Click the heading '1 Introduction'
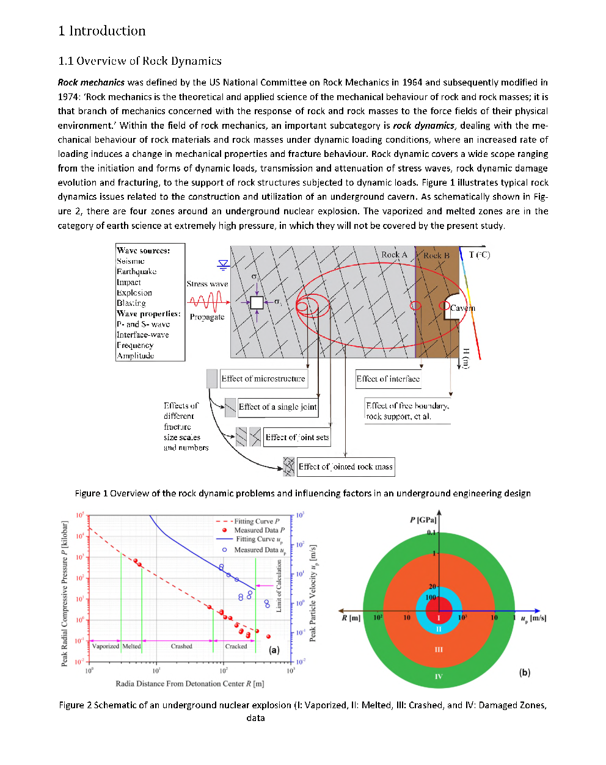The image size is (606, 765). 102,31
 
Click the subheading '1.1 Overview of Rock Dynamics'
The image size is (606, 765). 139,61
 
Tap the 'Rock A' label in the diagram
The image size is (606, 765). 394,255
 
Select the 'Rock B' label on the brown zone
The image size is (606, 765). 436,255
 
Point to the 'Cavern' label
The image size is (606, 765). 462,308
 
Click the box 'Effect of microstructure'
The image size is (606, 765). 263,379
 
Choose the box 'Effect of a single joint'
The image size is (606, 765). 277,407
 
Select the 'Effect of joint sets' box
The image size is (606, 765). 297,437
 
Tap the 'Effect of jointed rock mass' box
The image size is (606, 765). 345,466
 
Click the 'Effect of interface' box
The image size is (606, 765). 388,379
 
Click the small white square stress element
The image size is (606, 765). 257,302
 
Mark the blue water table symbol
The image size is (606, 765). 223,264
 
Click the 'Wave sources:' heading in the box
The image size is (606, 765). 144,250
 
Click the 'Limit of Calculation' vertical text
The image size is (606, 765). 279,586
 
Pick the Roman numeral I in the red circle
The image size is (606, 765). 438,618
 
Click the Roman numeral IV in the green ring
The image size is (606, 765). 438,676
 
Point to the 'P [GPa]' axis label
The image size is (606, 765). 423,520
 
